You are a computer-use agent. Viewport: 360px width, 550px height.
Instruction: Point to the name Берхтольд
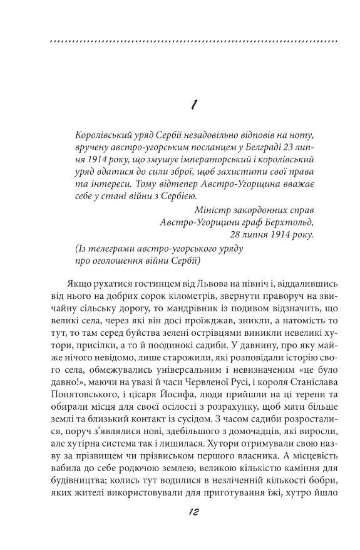tap(271, 222)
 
